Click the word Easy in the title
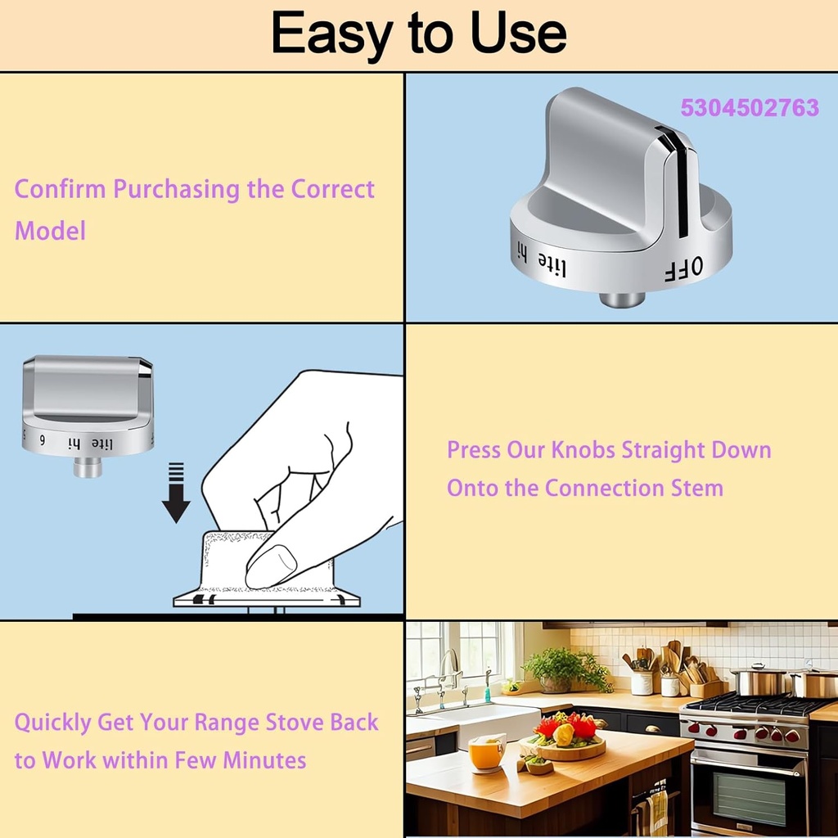tap(331, 34)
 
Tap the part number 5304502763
tap(749, 108)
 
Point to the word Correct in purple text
tap(333, 189)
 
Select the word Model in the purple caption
tap(50, 231)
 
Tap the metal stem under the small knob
tap(87, 466)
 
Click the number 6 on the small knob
tap(42, 440)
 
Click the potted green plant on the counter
tap(566, 668)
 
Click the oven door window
tap(749, 797)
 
